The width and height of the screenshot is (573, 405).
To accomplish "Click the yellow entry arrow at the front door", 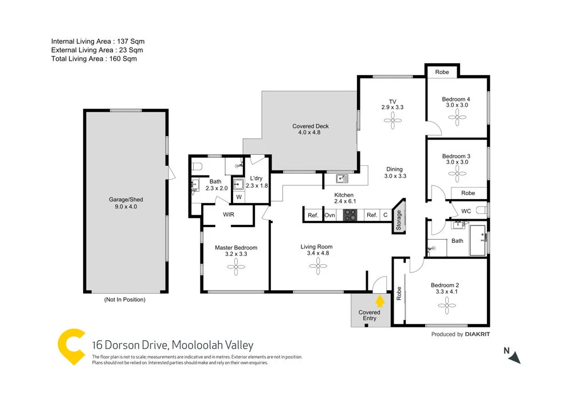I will pyautogui.click(x=379, y=300).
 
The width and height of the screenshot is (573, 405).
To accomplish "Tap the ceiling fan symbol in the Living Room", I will pyautogui.click(x=316, y=264).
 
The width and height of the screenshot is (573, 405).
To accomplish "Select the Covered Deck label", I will pyautogui.click(x=310, y=129).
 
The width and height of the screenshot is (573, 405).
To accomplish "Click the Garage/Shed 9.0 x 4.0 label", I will pyautogui.click(x=126, y=203).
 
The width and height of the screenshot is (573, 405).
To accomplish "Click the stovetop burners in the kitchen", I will pyautogui.click(x=350, y=215).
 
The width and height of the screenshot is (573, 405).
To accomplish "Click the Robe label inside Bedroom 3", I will pyautogui.click(x=468, y=193).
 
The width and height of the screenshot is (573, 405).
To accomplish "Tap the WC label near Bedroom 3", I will pyautogui.click(x=466, y=211).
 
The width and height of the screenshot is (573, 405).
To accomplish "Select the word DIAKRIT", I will pyautogui.click(x=477, y=334).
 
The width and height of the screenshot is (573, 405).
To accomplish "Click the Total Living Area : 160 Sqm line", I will pyautogui.click(x=94, y=59).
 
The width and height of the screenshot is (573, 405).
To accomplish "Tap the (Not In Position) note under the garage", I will pyautogui.click(x=124, y=299).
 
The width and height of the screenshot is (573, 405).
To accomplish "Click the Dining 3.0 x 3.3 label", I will pyautogui.click(x=395, y=173).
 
